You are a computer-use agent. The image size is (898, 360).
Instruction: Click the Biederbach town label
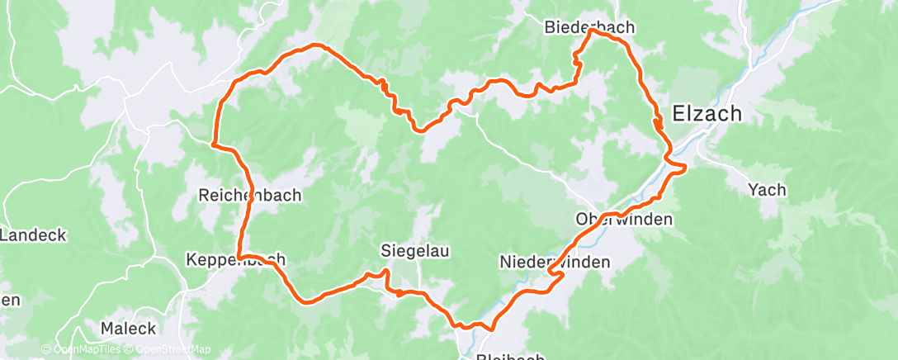pyautogui.click(x=589, y=27)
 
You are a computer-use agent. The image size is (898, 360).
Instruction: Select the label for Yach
pyautogui.click(x=767, y=190)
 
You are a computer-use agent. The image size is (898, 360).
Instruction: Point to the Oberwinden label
pyautogui.click(x=624, y=220)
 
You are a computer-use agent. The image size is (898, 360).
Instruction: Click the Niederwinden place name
pyautogui.click(x=555, y=262)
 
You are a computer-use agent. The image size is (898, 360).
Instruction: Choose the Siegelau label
pyautogui.click(x=414, y=250)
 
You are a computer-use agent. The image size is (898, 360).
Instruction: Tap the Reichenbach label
pyautogui.click(x=250, y=196)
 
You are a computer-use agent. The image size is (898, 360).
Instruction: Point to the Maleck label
pyautogui.click(x=128, y=328)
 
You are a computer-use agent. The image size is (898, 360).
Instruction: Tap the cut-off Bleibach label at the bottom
pyautogui.click(x=510, y=356)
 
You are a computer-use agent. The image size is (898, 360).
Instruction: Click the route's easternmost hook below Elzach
pyautogui.click(x=685, y=168)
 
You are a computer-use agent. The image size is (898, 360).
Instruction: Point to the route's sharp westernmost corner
pyautogui.click(x=213, y=144)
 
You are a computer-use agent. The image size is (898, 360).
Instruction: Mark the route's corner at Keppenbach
pyautogui.click(x=239, y=255)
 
